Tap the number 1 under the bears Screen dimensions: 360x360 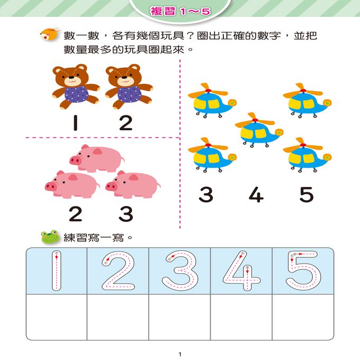click(x=77, y=123)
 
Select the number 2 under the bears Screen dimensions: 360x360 click(x=125, y=123)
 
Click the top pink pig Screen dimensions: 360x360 click(x=97, y=158)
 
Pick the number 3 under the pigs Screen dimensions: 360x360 click(x=125, y=214)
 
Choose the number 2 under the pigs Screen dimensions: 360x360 click(x=76, y=214)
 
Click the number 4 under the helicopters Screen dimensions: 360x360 click(x=256, y=195)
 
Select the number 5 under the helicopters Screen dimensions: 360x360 click(x=306, y=195)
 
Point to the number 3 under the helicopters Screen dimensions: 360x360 click(x=206, y=195)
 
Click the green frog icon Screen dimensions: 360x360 click(x=50, y=237)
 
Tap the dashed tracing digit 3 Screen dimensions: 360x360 click(x=179, y=271)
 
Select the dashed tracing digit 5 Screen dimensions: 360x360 click(x=302, y=271)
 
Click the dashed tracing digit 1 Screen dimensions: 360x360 click(x=56, y=271)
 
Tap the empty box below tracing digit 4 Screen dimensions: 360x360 click(x=241, y=317)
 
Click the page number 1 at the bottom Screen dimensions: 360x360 click(x=180, y=353)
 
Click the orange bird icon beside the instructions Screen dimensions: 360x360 click(x=48, y=36)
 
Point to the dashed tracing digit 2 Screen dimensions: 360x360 click(x=118, y=271)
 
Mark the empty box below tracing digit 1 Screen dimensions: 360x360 click(x=56, y=317)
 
